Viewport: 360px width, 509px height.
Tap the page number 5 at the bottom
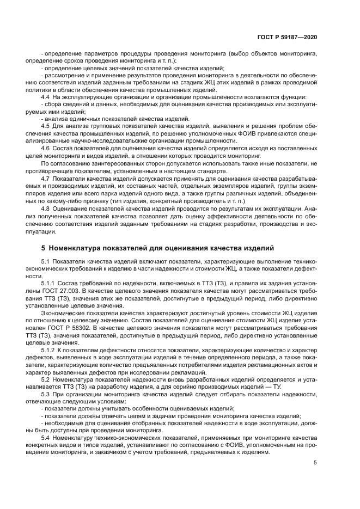[x=315, y=463]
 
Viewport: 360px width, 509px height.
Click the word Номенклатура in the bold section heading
[x=78, y=248]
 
